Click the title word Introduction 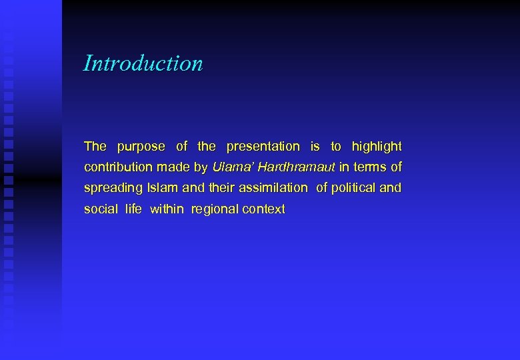[143, 63]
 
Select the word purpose [141, 147]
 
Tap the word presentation [263, 147]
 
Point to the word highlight [377, 147]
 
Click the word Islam [157, 188]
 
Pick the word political [353, 188]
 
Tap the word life [133, 209]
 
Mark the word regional [215, 209]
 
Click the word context [264, 209]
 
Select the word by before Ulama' [201, 167]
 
